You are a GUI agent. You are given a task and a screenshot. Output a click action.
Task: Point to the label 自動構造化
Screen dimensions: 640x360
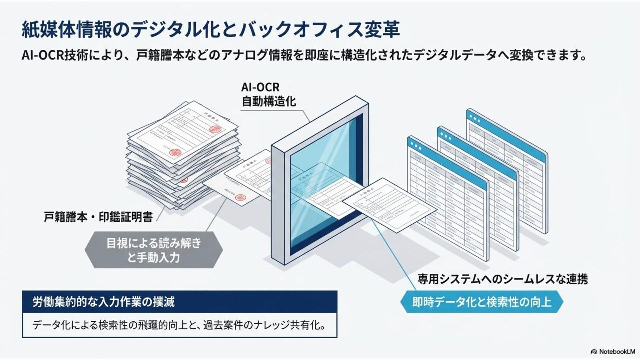pyautogui.click(x=268, y=101)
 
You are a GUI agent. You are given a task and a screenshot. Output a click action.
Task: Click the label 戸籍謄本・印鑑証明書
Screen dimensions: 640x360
pyautogui.click(x=98, y=217)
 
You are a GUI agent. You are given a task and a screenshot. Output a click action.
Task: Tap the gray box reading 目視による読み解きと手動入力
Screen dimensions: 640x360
pyautogui.click(x=154, y=250)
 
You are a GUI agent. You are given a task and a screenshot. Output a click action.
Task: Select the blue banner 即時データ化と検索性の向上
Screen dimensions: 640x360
pyautogui.click(x=482, y=302)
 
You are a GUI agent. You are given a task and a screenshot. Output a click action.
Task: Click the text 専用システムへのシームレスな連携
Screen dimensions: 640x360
pyautogui.click(x=503, y=279)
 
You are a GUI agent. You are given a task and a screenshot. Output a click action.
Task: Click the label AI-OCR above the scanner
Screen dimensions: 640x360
pyautogui.click(x=260, y=87)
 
